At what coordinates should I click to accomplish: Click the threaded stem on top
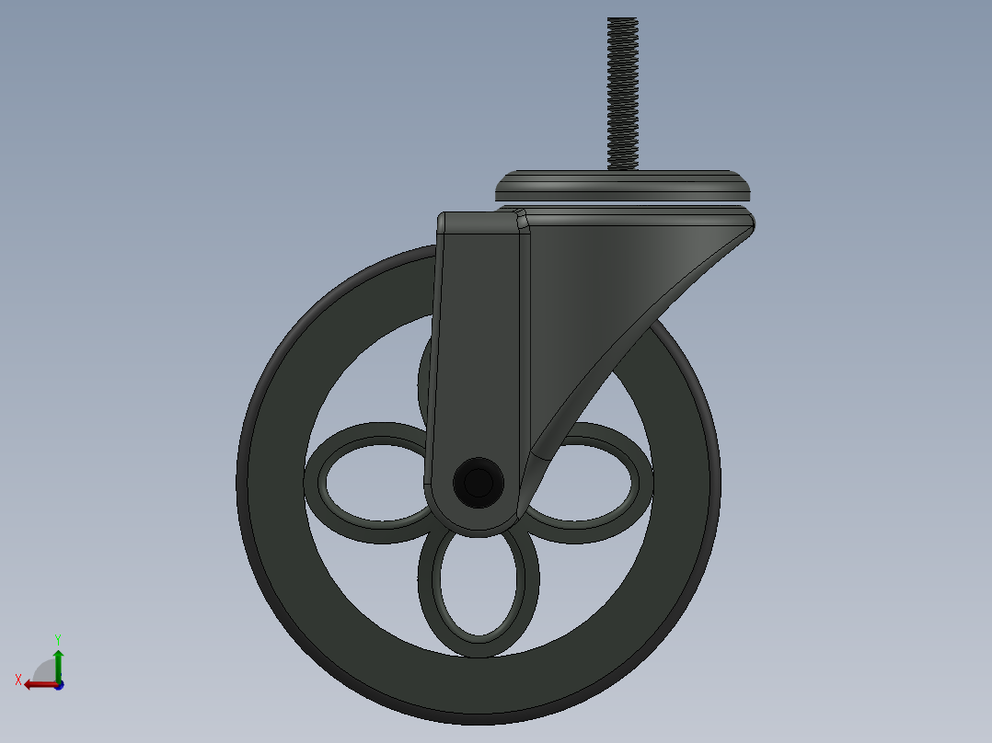coord(622,94)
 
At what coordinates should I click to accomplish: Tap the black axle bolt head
coord(479,483)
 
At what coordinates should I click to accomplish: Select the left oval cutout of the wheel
coord(375,483)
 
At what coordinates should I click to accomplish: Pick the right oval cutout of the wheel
coord(585,483)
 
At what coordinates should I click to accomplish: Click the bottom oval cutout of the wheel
coord(479,585)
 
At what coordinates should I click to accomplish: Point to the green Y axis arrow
coord(58,665)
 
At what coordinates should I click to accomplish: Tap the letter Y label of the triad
coord(58,639)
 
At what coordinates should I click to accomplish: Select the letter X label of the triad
coord(18,680)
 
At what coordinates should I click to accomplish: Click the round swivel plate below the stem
coord(623,186)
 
